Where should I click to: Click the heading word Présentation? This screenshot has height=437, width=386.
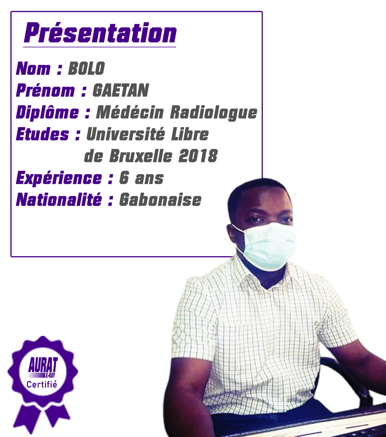[100, 33]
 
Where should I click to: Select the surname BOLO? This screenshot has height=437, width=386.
[86, 68]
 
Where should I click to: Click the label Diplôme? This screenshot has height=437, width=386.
[47, 112]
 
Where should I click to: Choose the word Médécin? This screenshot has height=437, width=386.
[130, 112]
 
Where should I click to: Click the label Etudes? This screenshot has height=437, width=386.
[42, 134]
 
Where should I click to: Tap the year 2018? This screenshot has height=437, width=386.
[198, 156]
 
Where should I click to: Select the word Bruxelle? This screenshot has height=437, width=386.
[141, 156]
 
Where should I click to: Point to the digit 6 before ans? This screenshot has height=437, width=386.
[124, 178]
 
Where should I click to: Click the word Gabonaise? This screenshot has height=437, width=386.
[160, 200]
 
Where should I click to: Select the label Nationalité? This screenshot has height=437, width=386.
[59, 200]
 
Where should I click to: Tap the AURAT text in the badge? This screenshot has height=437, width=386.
[43, 365]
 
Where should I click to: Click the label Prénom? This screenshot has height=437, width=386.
[45, 91]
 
